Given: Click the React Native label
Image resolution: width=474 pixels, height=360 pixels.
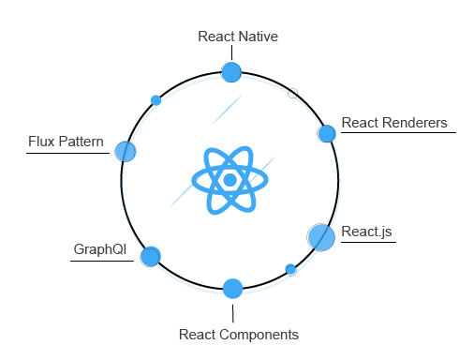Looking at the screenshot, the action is coord(238,37).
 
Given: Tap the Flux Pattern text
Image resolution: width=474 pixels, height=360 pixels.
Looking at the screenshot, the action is coord(67,142).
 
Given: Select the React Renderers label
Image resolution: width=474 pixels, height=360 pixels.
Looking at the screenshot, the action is coord(393,123).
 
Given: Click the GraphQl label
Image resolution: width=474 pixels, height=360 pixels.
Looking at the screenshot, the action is coord(99,249).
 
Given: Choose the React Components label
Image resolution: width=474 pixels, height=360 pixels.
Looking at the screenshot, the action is coord(238,334).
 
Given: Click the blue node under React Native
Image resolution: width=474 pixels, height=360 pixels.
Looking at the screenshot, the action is coord(230,72).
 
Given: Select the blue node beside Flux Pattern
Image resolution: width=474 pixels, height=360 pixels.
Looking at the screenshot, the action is coord(126,151).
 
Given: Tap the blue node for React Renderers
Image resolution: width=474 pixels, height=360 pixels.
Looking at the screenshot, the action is coord(326,134).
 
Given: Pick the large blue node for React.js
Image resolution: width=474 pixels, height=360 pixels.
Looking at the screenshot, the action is coord(320,237).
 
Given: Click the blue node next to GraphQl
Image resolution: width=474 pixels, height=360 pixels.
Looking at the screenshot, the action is coord(150,256).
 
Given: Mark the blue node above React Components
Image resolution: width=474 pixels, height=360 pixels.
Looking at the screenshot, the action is coord(233,288).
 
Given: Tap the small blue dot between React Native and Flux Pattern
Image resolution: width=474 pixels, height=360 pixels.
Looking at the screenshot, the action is coord(156,99).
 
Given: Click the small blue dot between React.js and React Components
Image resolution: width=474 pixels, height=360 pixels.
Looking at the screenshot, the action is coord(290,270).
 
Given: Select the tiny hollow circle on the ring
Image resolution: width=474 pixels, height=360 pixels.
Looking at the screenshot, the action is coord(292,93).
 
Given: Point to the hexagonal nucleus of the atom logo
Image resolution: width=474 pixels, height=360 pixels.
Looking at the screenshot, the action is coord(230,179).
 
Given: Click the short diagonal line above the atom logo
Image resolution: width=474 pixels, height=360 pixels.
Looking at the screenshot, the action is coord(228,109).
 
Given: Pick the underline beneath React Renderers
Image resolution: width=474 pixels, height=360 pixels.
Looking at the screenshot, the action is coord(397,133).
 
